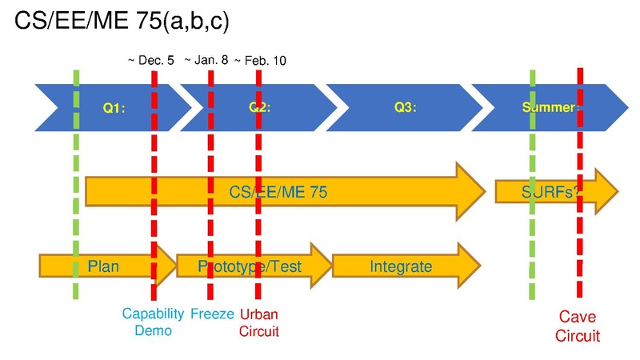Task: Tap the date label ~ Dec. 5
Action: pos(151,60)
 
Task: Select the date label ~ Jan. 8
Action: pos(207,60)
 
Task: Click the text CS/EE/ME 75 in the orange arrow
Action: pos(278,192)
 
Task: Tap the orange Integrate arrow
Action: pos(401,266)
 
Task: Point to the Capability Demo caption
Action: pos(154,322)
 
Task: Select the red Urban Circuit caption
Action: pos(259,322)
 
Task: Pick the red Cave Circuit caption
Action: pos(578,327)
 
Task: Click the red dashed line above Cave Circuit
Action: pos(579,240)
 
